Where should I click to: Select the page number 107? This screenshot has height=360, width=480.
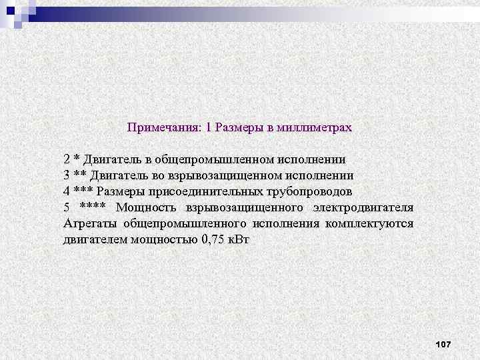click(x=443, y=344)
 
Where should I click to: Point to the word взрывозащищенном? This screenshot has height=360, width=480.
click(x=223, y=175)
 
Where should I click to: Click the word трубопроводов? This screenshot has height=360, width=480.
click(x=306, y=191)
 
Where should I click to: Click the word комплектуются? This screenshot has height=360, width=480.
click(x=369, y=223)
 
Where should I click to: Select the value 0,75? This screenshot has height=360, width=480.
click(x=211, y=239)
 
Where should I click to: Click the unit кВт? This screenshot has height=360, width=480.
click(x=238, y=239)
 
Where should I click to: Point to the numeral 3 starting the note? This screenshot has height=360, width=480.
click(x=67, y=175)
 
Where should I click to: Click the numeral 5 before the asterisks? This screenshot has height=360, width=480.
click(x=67, y=207)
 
